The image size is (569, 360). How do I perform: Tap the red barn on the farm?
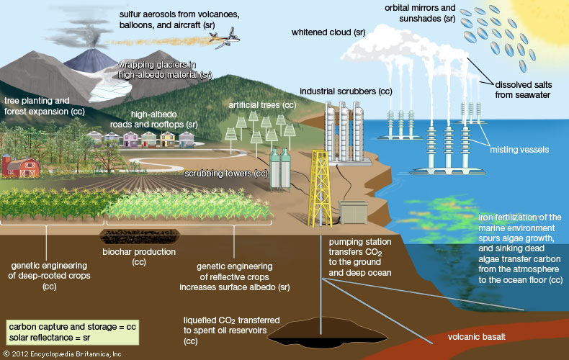point(20,166)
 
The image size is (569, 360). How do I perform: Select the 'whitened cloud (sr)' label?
point(328,32)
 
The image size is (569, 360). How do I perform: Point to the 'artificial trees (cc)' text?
point(262,105)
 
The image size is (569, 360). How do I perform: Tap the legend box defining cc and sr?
point(71,332)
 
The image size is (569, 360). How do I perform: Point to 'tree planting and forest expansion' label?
point(45,107)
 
